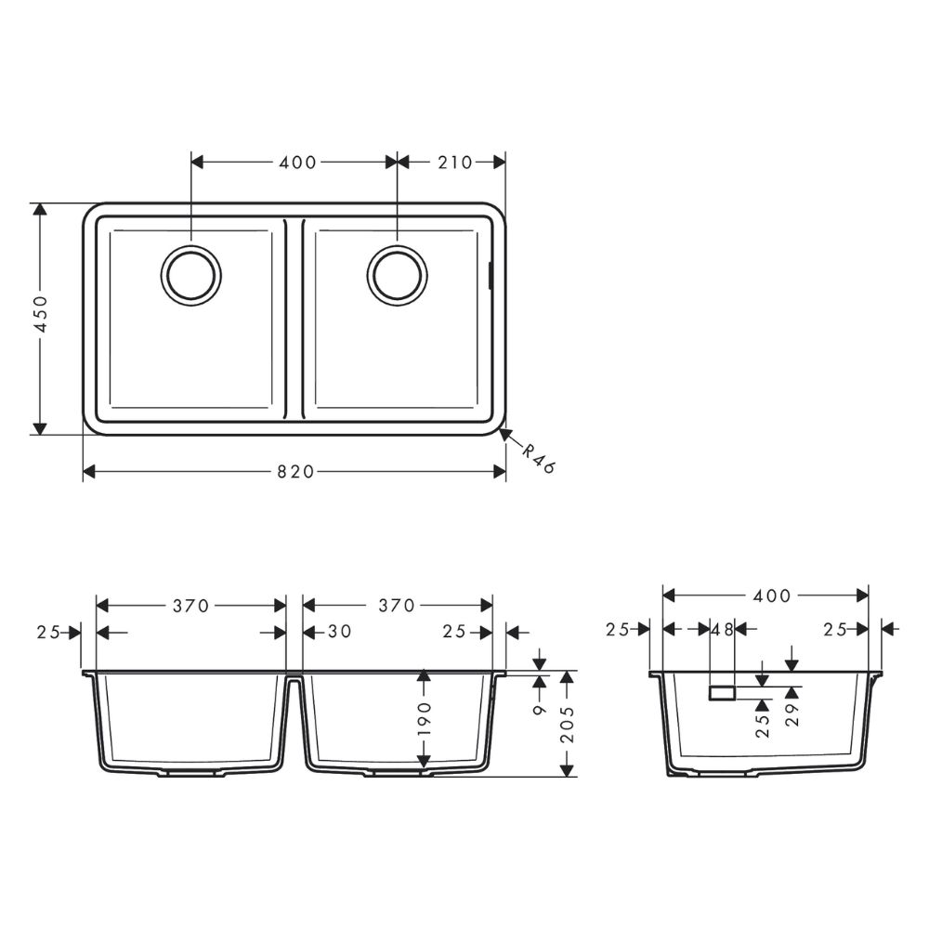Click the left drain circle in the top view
191,275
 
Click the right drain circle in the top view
398,275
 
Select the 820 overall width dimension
296,472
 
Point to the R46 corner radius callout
538,459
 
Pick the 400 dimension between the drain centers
297,163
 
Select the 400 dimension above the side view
773,595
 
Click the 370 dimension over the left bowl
191,606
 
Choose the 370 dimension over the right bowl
397,606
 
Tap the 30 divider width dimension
340,633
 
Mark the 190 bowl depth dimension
424,720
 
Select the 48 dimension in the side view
723,629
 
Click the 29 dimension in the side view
792,713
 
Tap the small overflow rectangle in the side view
722,693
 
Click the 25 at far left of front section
48,633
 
